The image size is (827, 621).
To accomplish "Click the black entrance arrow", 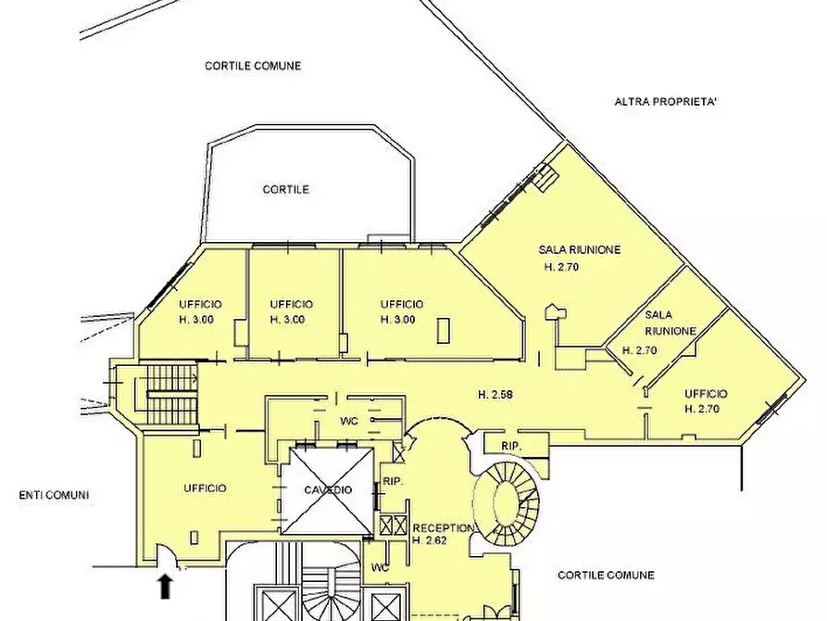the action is pyautogui.click(x=166, y=587).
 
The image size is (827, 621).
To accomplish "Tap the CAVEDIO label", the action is pyautogui.click(x=328, y=490).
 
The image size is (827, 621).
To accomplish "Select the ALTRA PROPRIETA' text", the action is pyautogui.click(x=666, y=101).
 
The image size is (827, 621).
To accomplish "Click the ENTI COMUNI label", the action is pyautogui.click(x=54, y=495).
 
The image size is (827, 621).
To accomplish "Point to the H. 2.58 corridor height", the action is pyautogui.click(x=495, y=395).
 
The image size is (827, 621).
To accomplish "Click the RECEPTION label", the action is pyautogui.click(x=443, y=528).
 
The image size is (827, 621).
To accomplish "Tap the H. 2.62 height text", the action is pyautogui.click(x=430, y=540).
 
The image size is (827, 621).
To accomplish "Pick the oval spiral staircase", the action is pyautogui.click(x=507, y=502).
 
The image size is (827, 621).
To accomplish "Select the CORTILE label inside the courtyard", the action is pyautogui.click(x=286, y=190).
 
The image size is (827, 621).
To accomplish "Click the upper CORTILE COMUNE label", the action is pyautogui.click(x=253, y=66).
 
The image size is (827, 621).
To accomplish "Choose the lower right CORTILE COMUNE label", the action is pyautogui.click(x=606, y=575).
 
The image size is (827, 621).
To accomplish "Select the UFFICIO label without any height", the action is pyautogui.click(x=206, y=488).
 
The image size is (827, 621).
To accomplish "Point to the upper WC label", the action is pyautogui.click(x=349, y=421).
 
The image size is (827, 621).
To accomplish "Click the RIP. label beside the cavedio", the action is pyautogui.click(x=393, y=482).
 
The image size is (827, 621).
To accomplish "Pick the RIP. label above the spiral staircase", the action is pyautogui.click(x=511, y=446).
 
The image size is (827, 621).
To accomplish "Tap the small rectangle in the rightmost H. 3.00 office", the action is pyautogui.click(x=444, y=331).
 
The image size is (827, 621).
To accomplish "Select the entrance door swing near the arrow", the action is pyautogui.click(x=168, y=554).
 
